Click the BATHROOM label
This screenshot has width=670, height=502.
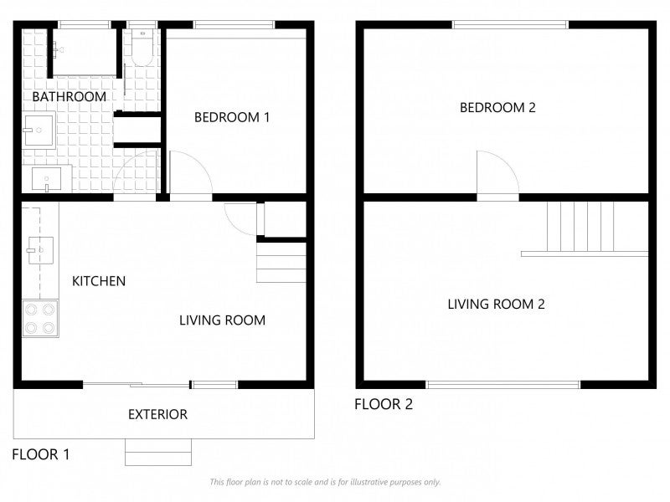click(x=70, y=96)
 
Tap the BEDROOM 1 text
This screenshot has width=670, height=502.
click(x=232, y=117)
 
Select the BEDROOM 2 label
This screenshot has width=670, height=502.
click(x=497, y=107)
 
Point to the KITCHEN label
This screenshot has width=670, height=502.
click(x=99, y=281)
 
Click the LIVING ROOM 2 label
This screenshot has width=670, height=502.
click(x=496, y=304)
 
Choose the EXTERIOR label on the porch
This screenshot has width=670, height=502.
click(x=157, y=414)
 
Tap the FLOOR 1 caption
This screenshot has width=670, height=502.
click(x=40, y=454)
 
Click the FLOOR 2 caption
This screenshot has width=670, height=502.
click(x=384, y=404)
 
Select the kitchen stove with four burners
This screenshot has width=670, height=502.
click(x=40, y=318)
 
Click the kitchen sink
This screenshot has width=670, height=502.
click(x=40, y=250)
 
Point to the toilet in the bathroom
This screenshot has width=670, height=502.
click(x=142, y=48)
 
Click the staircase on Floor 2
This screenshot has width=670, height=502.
click(x=585, y=229)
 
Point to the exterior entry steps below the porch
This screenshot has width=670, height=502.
click(x=158, y=452)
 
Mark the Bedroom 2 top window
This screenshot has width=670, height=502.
click(x=510, y=25)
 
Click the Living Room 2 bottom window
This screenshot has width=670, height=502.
click(x=503, y=385)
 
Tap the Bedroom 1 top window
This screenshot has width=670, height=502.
click(x=234, y=25)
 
